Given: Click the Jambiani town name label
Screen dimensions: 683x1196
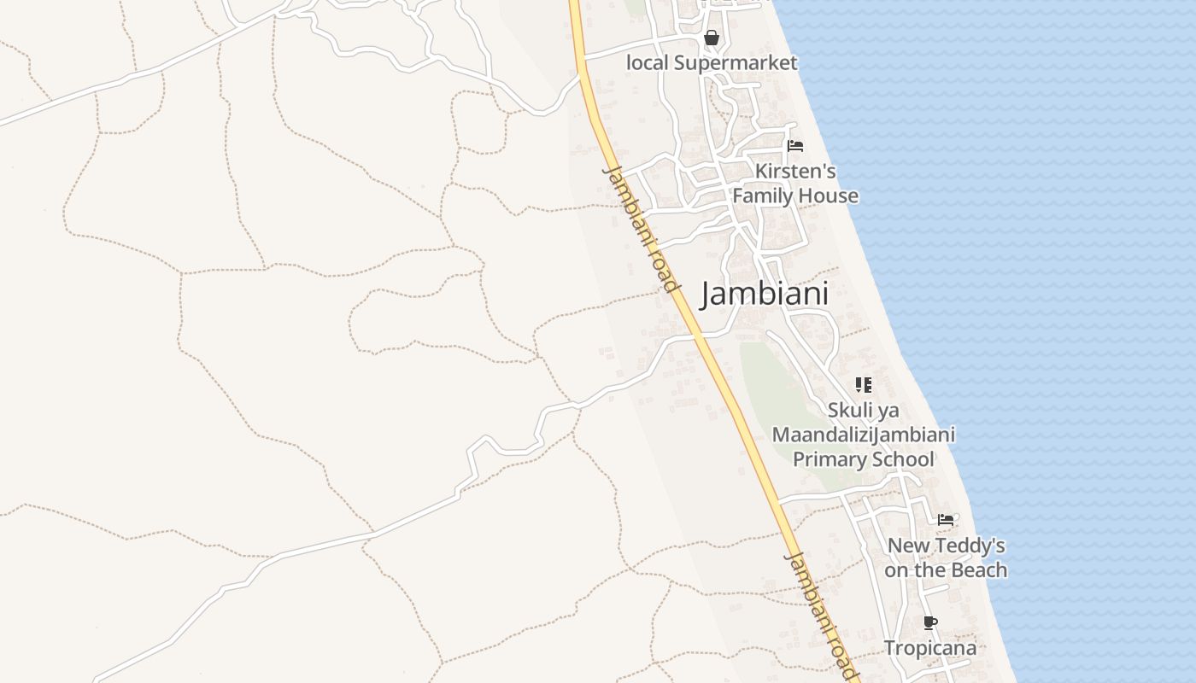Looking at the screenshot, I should click(765, 294).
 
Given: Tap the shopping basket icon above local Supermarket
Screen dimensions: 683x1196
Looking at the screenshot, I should click(711, 38).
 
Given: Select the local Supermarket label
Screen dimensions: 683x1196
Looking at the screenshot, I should click(712, 62).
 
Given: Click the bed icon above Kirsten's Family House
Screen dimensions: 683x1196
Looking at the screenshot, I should click(795, 146).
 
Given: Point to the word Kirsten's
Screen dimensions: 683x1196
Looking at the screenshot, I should click(795, 171).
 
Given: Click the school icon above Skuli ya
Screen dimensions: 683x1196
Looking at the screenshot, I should click(864, 385).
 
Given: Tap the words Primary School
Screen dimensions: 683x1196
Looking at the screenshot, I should click(863, 459).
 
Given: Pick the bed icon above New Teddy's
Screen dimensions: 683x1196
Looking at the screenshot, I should click(946, 519).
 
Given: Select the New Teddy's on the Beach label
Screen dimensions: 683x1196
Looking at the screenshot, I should click(946, 557).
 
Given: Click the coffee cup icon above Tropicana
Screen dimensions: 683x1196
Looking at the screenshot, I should click(929, 622).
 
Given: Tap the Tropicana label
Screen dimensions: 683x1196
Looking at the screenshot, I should click(929, 648).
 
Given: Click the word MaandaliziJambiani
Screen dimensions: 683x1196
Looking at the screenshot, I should click(863, 435).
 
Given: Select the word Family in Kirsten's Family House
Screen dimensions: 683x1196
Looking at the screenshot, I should click(763, 196).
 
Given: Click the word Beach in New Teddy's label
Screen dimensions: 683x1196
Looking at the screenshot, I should click(979, 570).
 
